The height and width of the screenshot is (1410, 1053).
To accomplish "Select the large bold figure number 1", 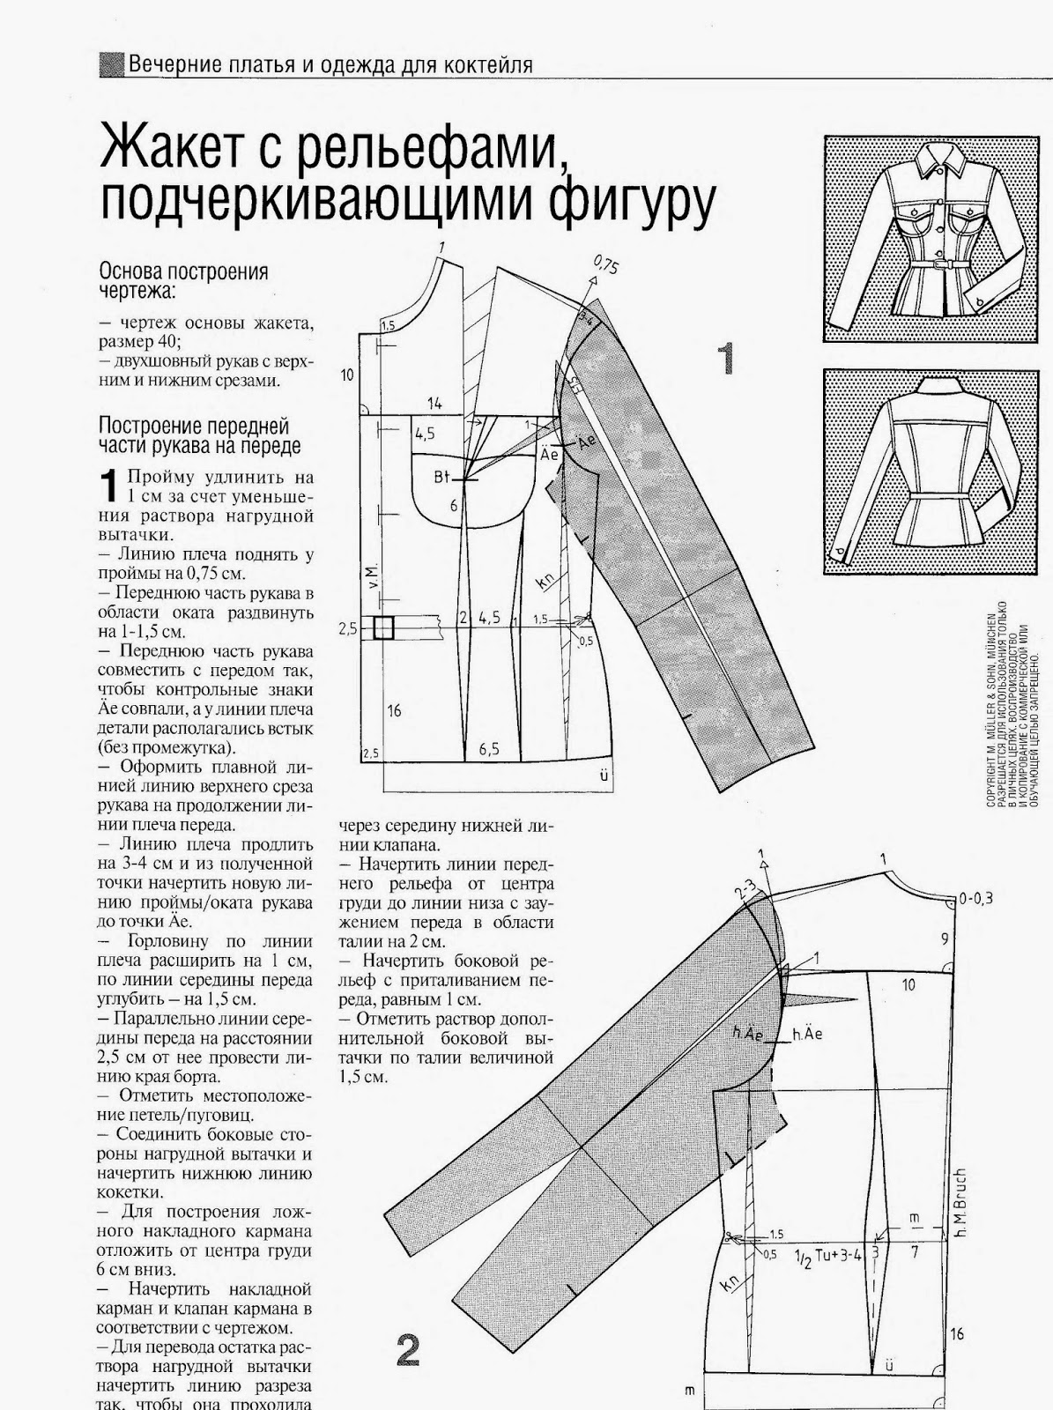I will point(725,359).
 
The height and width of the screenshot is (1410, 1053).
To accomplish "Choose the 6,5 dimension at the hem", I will point(489,749).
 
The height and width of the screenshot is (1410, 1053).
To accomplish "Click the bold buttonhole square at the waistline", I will point(382,627).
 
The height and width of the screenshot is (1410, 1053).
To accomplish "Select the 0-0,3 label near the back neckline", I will point(975,899).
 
